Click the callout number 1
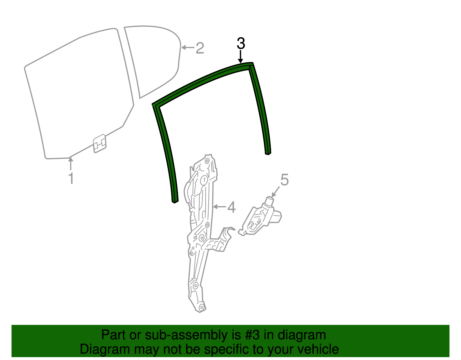click(x=71, y=178)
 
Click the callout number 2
click(x=200, y=48)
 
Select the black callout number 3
click(x=241, y=43)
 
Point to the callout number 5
click(x=284, y=180)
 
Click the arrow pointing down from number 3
click(x=240, y=57)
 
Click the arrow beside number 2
click(x=188, y=48)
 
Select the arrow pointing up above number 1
click(x=71, y=163)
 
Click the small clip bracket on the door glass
click(x=99, y=144)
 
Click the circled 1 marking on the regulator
click(x=204, y=180)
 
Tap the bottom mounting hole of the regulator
click(x=201, y=307)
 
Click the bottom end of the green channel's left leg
click(x=175, y=202)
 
